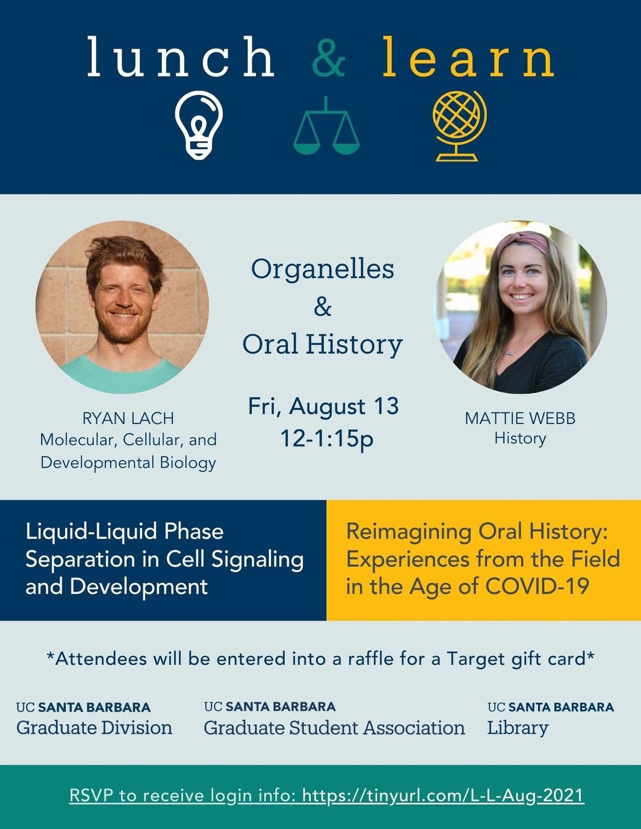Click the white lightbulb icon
pos(199,125)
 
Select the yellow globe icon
pos(459,126)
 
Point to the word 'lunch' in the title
pos(181,56)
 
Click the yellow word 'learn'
pos(468,56)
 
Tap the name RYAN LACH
pos(128,419)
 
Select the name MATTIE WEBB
pos(520,419)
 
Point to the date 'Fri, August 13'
pos(324,407)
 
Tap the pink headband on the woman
pos(522,242)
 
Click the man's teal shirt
pos(121,374)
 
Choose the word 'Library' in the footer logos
pos(518,728)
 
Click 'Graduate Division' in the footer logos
pos(94,728)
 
